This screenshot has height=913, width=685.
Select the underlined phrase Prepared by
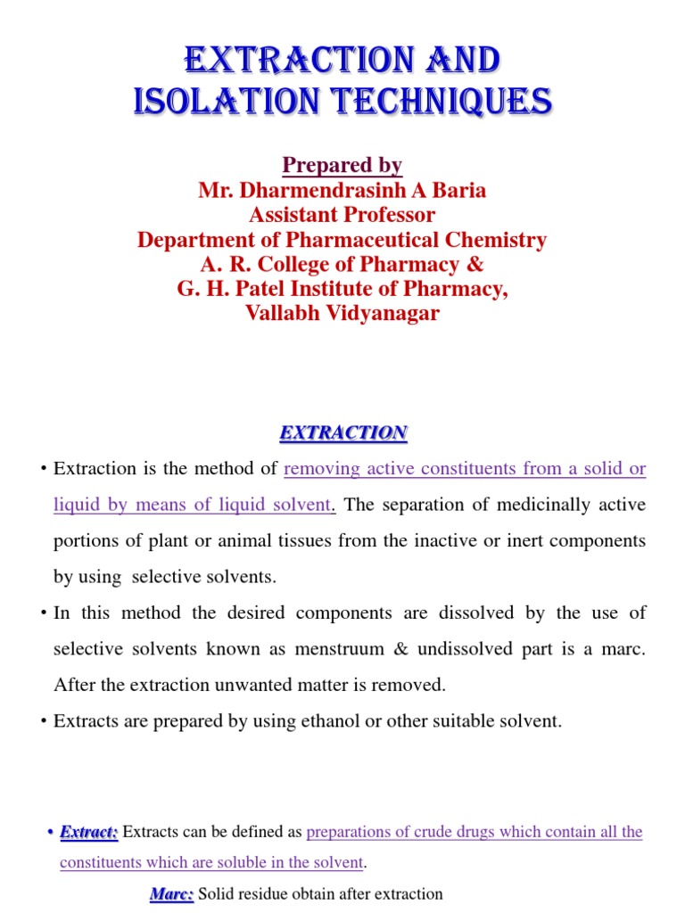(x=342, y=165)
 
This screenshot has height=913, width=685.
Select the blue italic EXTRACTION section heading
(x=343, y=433)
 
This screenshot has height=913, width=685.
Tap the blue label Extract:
(x=89, y=832)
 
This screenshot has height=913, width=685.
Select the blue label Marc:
(x=171, y=893)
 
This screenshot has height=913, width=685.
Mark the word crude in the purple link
(x=421, y=832)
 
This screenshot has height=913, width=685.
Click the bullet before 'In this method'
(x=44, y=613)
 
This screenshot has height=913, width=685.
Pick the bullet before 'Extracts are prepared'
(x=44, y=721)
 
